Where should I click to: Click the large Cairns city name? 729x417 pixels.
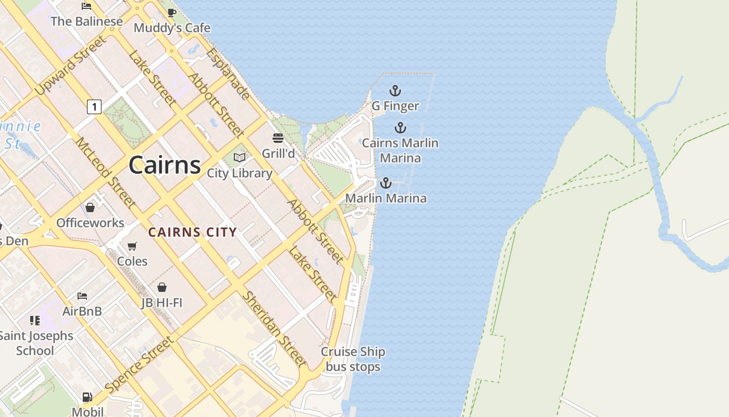tap(165, 165)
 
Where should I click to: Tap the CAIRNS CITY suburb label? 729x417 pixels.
tap(193, 232)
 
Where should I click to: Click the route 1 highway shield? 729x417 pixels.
tap(94, 107)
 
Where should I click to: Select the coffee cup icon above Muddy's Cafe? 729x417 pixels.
tap(172, 13)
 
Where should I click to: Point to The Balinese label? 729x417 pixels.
tap(86, 21)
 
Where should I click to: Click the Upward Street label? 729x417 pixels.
tap(70, 66)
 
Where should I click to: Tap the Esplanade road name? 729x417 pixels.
tap(228, 73)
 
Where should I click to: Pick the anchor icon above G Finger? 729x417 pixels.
tap(395, 91)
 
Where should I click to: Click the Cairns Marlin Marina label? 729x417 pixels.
tap(400, 150)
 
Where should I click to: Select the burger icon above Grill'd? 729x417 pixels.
tap(278, 138)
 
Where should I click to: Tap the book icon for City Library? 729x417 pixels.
tap(240, 157)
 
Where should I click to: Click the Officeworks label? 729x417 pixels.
tap(90, 223)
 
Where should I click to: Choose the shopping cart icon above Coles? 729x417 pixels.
tap(132, 246)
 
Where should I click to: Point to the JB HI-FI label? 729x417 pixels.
tap(162, 302)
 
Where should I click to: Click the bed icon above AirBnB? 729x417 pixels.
tap(82, 296)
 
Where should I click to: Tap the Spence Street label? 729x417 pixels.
tap(139, 365)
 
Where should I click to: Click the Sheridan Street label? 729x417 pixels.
tap(274, 328)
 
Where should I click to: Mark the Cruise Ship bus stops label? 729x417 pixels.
tap(353, 359)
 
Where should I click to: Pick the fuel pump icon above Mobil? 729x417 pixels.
tap(87, 397)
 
